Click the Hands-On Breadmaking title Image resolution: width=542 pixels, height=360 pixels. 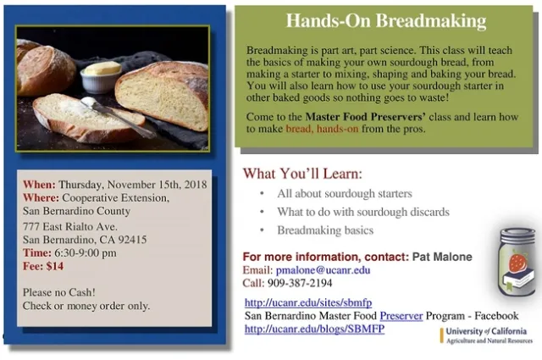tap(385, 21)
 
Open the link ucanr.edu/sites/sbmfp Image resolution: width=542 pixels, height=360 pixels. tap(307, 302)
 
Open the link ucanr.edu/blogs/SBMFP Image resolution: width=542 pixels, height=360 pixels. tap(313, 330)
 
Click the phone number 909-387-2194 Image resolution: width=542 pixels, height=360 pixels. tap(299, 284)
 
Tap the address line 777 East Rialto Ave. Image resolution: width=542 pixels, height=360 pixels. tap(69, 226)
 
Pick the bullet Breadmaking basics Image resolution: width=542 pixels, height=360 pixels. tap(324, 230)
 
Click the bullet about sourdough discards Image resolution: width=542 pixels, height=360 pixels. tap(362, 213)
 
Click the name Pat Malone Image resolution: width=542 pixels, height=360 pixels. tap(442, 257)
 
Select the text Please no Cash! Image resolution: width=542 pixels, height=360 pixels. tap(58, 292)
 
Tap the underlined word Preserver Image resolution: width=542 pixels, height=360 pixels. tap(401, 316)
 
